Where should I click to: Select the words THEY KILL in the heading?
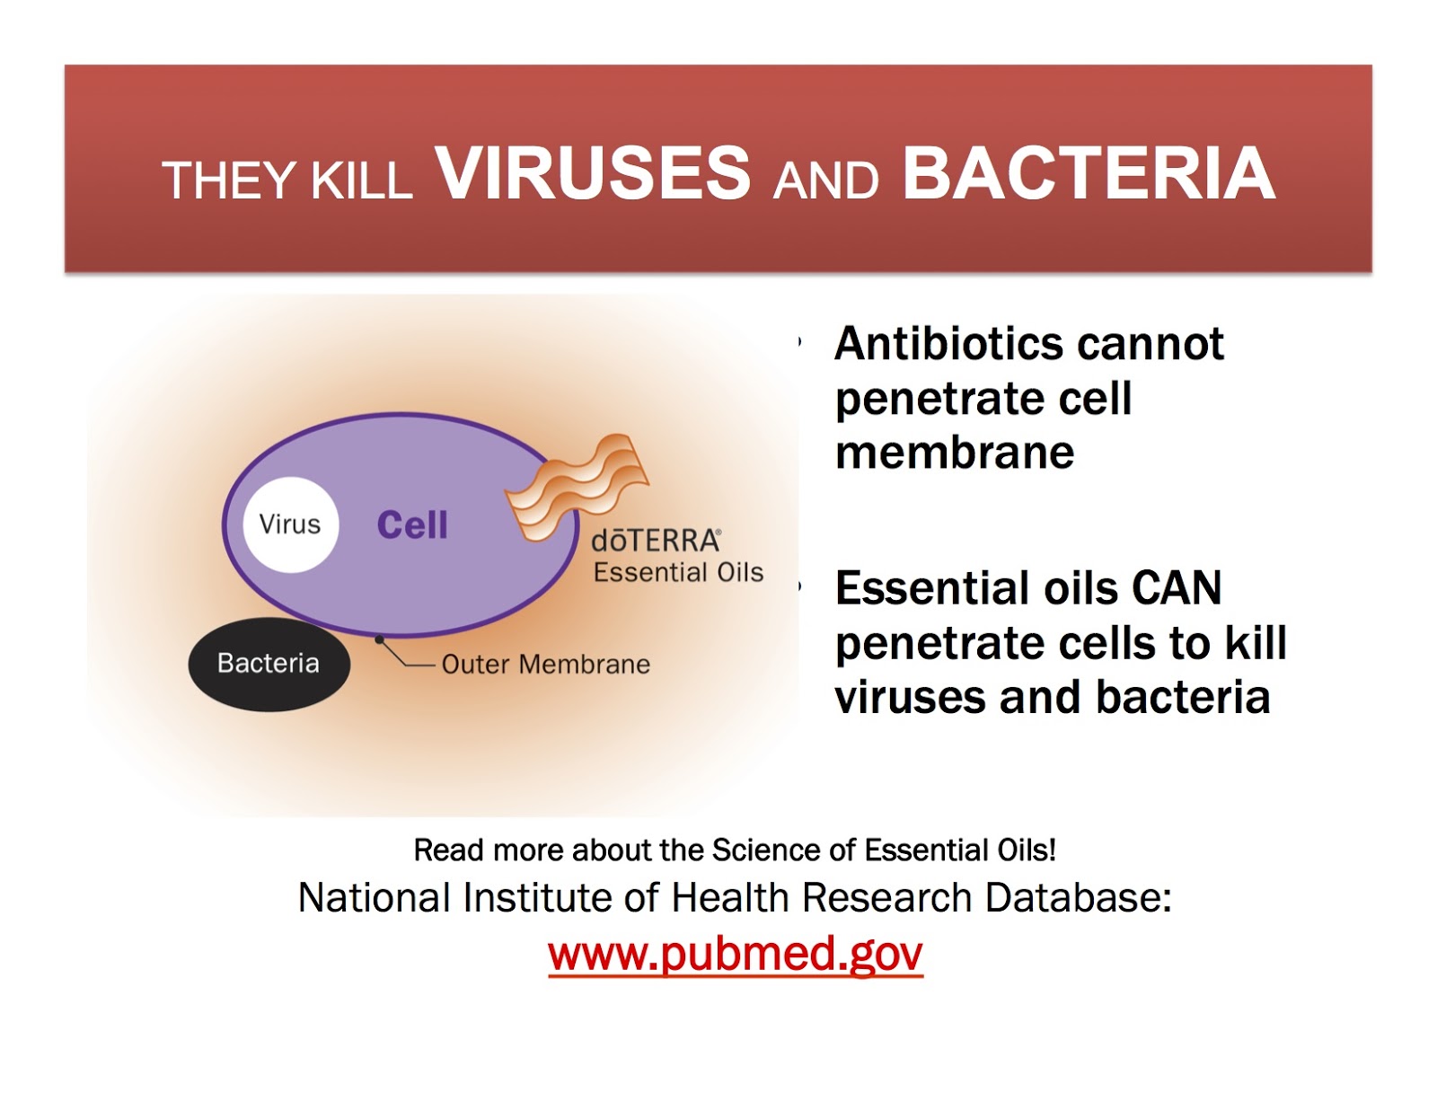[287, 180]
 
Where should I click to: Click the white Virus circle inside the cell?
[290, 524]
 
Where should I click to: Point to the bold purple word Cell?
[412, 525]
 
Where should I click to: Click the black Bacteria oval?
[269, 664]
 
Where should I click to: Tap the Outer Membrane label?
[545, 665]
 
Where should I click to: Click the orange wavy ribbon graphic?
[577, 488]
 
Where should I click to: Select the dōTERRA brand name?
[656, 541]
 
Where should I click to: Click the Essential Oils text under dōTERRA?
[678, 572]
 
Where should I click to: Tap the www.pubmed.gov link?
[736, 954]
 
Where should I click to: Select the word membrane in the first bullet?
[954, 453]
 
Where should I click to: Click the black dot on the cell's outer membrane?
[379, 639]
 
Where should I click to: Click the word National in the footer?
[375, 897]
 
